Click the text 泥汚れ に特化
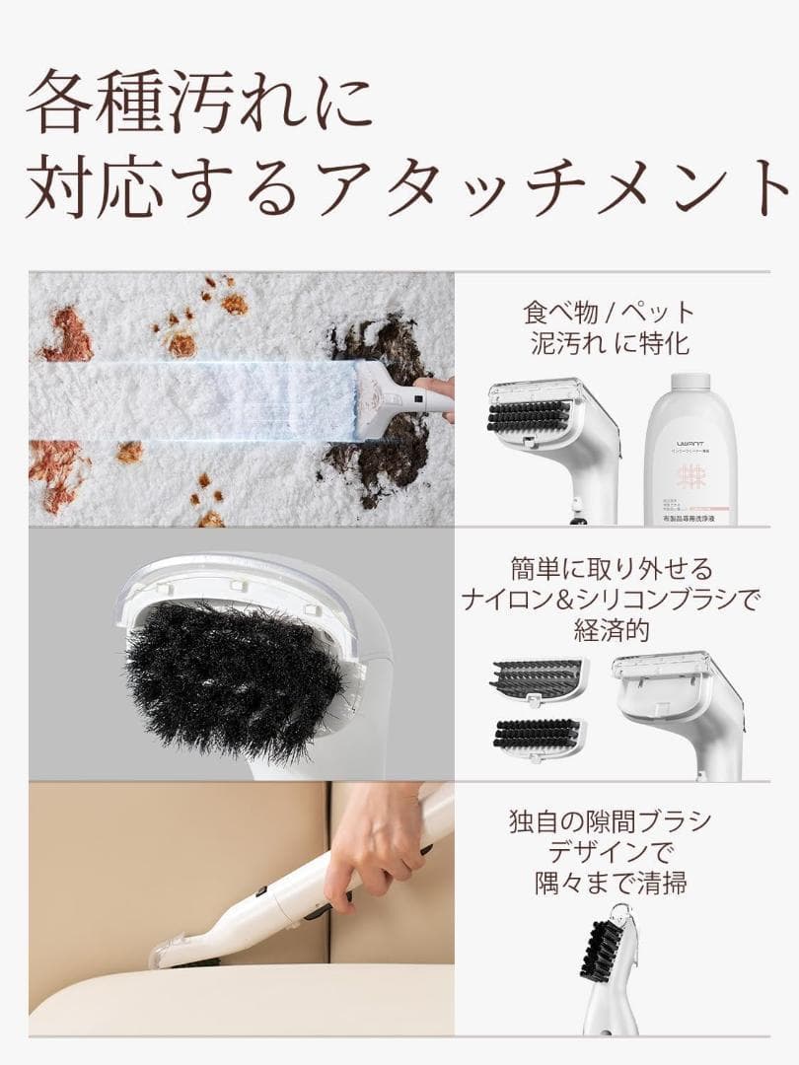tap(609, 345)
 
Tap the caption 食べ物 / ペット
tap(609, 313)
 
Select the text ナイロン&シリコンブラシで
tap(609, 600)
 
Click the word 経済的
tap(609, 631)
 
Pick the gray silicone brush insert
tap(538, 678)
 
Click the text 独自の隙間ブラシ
tap(609, 821)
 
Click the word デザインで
tap(609, 853)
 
